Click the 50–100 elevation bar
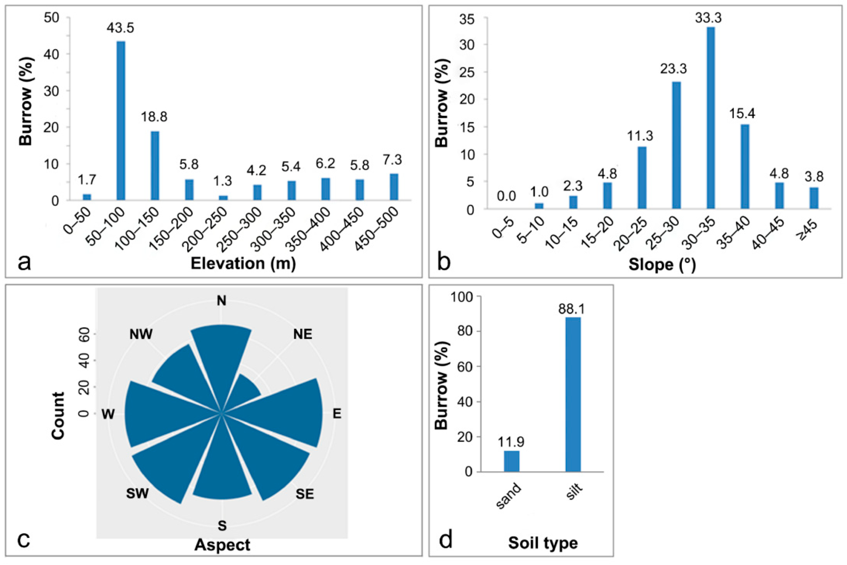coord(121,120)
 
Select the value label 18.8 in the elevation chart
coord(154,117)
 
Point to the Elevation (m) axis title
coord(243,263)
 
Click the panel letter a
coord(24,262)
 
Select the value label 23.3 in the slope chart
coord(673,68)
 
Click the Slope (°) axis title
coord(662,265)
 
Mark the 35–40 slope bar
coord(745,166)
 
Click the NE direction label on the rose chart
coord(302,335)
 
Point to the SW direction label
coord(137,493)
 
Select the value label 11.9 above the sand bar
coord(511,442)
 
